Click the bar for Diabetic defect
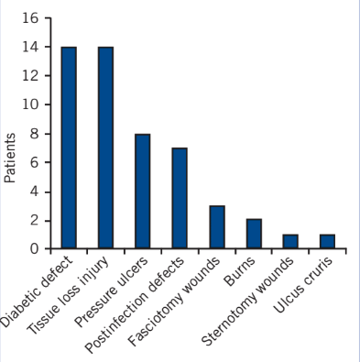coord(69,148)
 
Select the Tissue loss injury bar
coord(105,148)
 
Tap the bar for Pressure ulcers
coord(142,191)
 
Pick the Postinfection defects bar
coord(180,198)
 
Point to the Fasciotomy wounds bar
coord(217,227)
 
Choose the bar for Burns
coord(254,234)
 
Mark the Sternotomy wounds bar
coord(290,241)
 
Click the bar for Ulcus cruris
coord(327,241)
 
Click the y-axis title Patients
coord(11,158)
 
